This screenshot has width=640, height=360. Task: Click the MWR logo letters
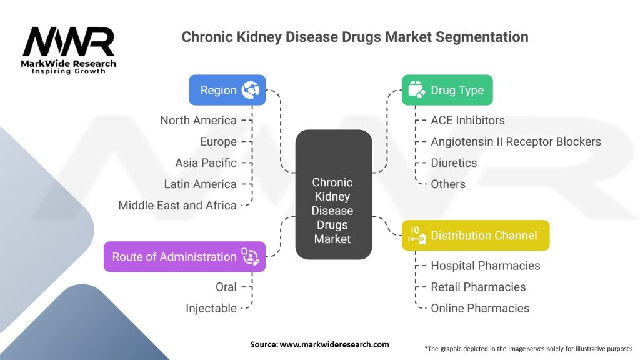pyautogui.click(x=69, y=43)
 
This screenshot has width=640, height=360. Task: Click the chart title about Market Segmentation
pyautogui.click(x=354, y=37)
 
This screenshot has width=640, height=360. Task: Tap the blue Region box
pyautogui.click(x=227, y=90)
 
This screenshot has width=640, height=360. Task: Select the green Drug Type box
pyautogui.click(x=446, y=90)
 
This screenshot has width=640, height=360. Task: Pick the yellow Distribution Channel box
pyautogui.click(x=475, y=236)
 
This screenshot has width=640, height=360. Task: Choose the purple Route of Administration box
pyautogui.click(x=184, y=257)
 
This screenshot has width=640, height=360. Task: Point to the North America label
pyautogui.click(x=198, y=120)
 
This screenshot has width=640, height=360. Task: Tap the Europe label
pyautogui.click(x=218, y=141)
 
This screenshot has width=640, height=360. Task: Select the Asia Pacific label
pyautogui.click(x=206, y=162)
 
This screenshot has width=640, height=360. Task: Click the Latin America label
pyautogui.click(x=200, y=184)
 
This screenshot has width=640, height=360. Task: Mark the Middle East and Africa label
pyautogui.click(x=177, y=205)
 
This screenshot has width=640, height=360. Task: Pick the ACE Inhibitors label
pyautogui.click(x=467, y=120)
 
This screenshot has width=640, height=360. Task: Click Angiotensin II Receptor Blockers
pyautogui.click(x=516, y=141)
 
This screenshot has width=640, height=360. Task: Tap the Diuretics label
pyautogui.click(x=454, y=162)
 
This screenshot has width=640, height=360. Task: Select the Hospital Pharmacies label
pyautogui.click(x=485, y=266)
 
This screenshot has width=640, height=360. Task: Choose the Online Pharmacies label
pyautogui.click(x=480, y=308)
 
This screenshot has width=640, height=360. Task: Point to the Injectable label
pyautogui.click(x=211, y=308)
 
